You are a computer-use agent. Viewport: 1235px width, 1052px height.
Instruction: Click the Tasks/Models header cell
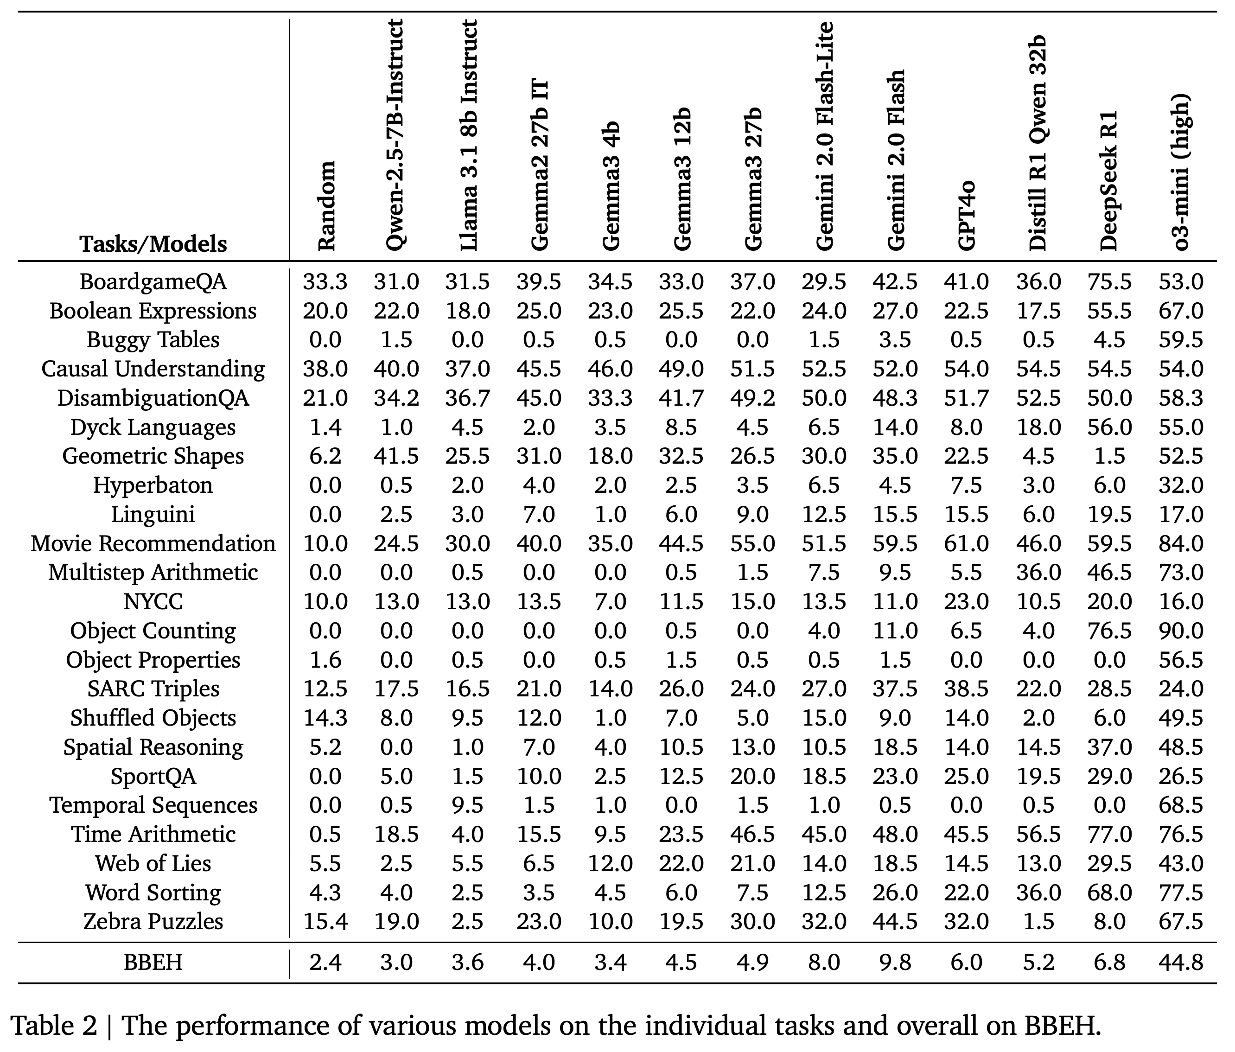(x=153, y=244)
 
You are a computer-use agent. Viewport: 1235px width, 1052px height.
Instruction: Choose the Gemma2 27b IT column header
(x=539, y=165)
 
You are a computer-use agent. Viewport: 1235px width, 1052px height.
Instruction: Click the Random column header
(x=325, y=206)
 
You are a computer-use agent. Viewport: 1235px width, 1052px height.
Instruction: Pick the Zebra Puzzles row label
(x=153, y=921)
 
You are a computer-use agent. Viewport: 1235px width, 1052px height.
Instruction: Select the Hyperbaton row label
(x=153, y=485)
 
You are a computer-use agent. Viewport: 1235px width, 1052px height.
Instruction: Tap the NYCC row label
(x=153, y=601)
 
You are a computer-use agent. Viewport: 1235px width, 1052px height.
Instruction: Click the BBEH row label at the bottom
(x=153, y=963)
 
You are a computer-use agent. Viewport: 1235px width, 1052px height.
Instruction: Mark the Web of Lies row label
(x=153, y=863)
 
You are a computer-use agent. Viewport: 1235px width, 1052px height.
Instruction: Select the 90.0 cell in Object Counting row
(x=1181, y=631)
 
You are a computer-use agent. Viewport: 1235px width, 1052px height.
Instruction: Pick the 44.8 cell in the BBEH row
(x=1181, y=963)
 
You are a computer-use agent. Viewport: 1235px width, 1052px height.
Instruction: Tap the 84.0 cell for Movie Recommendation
(x=1181, y=543)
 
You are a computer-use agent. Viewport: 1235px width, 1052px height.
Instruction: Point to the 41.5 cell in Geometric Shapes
(x=396, y=456)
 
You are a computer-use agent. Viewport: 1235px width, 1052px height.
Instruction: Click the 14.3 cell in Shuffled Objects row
(x=325, y=718)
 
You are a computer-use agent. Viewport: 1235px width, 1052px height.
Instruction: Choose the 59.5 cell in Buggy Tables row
(x=1181, y=340)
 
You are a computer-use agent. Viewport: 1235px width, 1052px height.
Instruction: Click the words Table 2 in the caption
(x=54, y=1026)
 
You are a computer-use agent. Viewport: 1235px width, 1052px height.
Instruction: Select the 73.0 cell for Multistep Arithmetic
(x=1181, y=572)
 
